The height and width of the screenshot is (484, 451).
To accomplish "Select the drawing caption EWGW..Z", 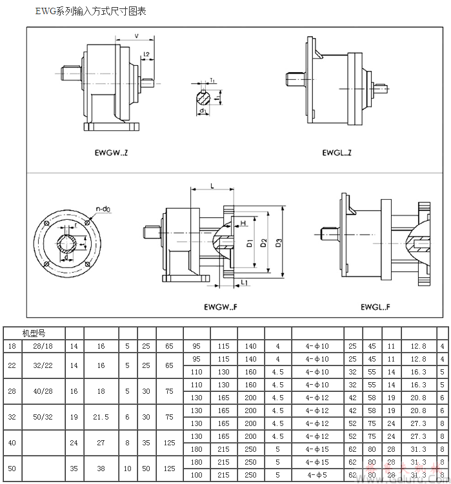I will point(111,153).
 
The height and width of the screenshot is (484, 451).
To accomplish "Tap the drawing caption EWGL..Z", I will point(337,153).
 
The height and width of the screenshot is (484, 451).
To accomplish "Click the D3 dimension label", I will point(279,243).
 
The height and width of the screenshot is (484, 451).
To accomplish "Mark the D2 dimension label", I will point(264,243).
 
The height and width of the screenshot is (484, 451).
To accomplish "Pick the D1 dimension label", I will point(249,243).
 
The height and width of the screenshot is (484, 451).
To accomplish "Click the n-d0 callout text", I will point(103,209).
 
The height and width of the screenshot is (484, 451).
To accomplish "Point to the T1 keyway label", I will point(212,80).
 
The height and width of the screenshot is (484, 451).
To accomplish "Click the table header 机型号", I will point(34,333).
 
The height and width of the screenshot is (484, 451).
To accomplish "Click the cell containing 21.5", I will point(101,416).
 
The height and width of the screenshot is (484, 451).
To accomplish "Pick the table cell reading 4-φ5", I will point(317,475).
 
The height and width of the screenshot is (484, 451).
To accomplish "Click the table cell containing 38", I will point(101,469).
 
